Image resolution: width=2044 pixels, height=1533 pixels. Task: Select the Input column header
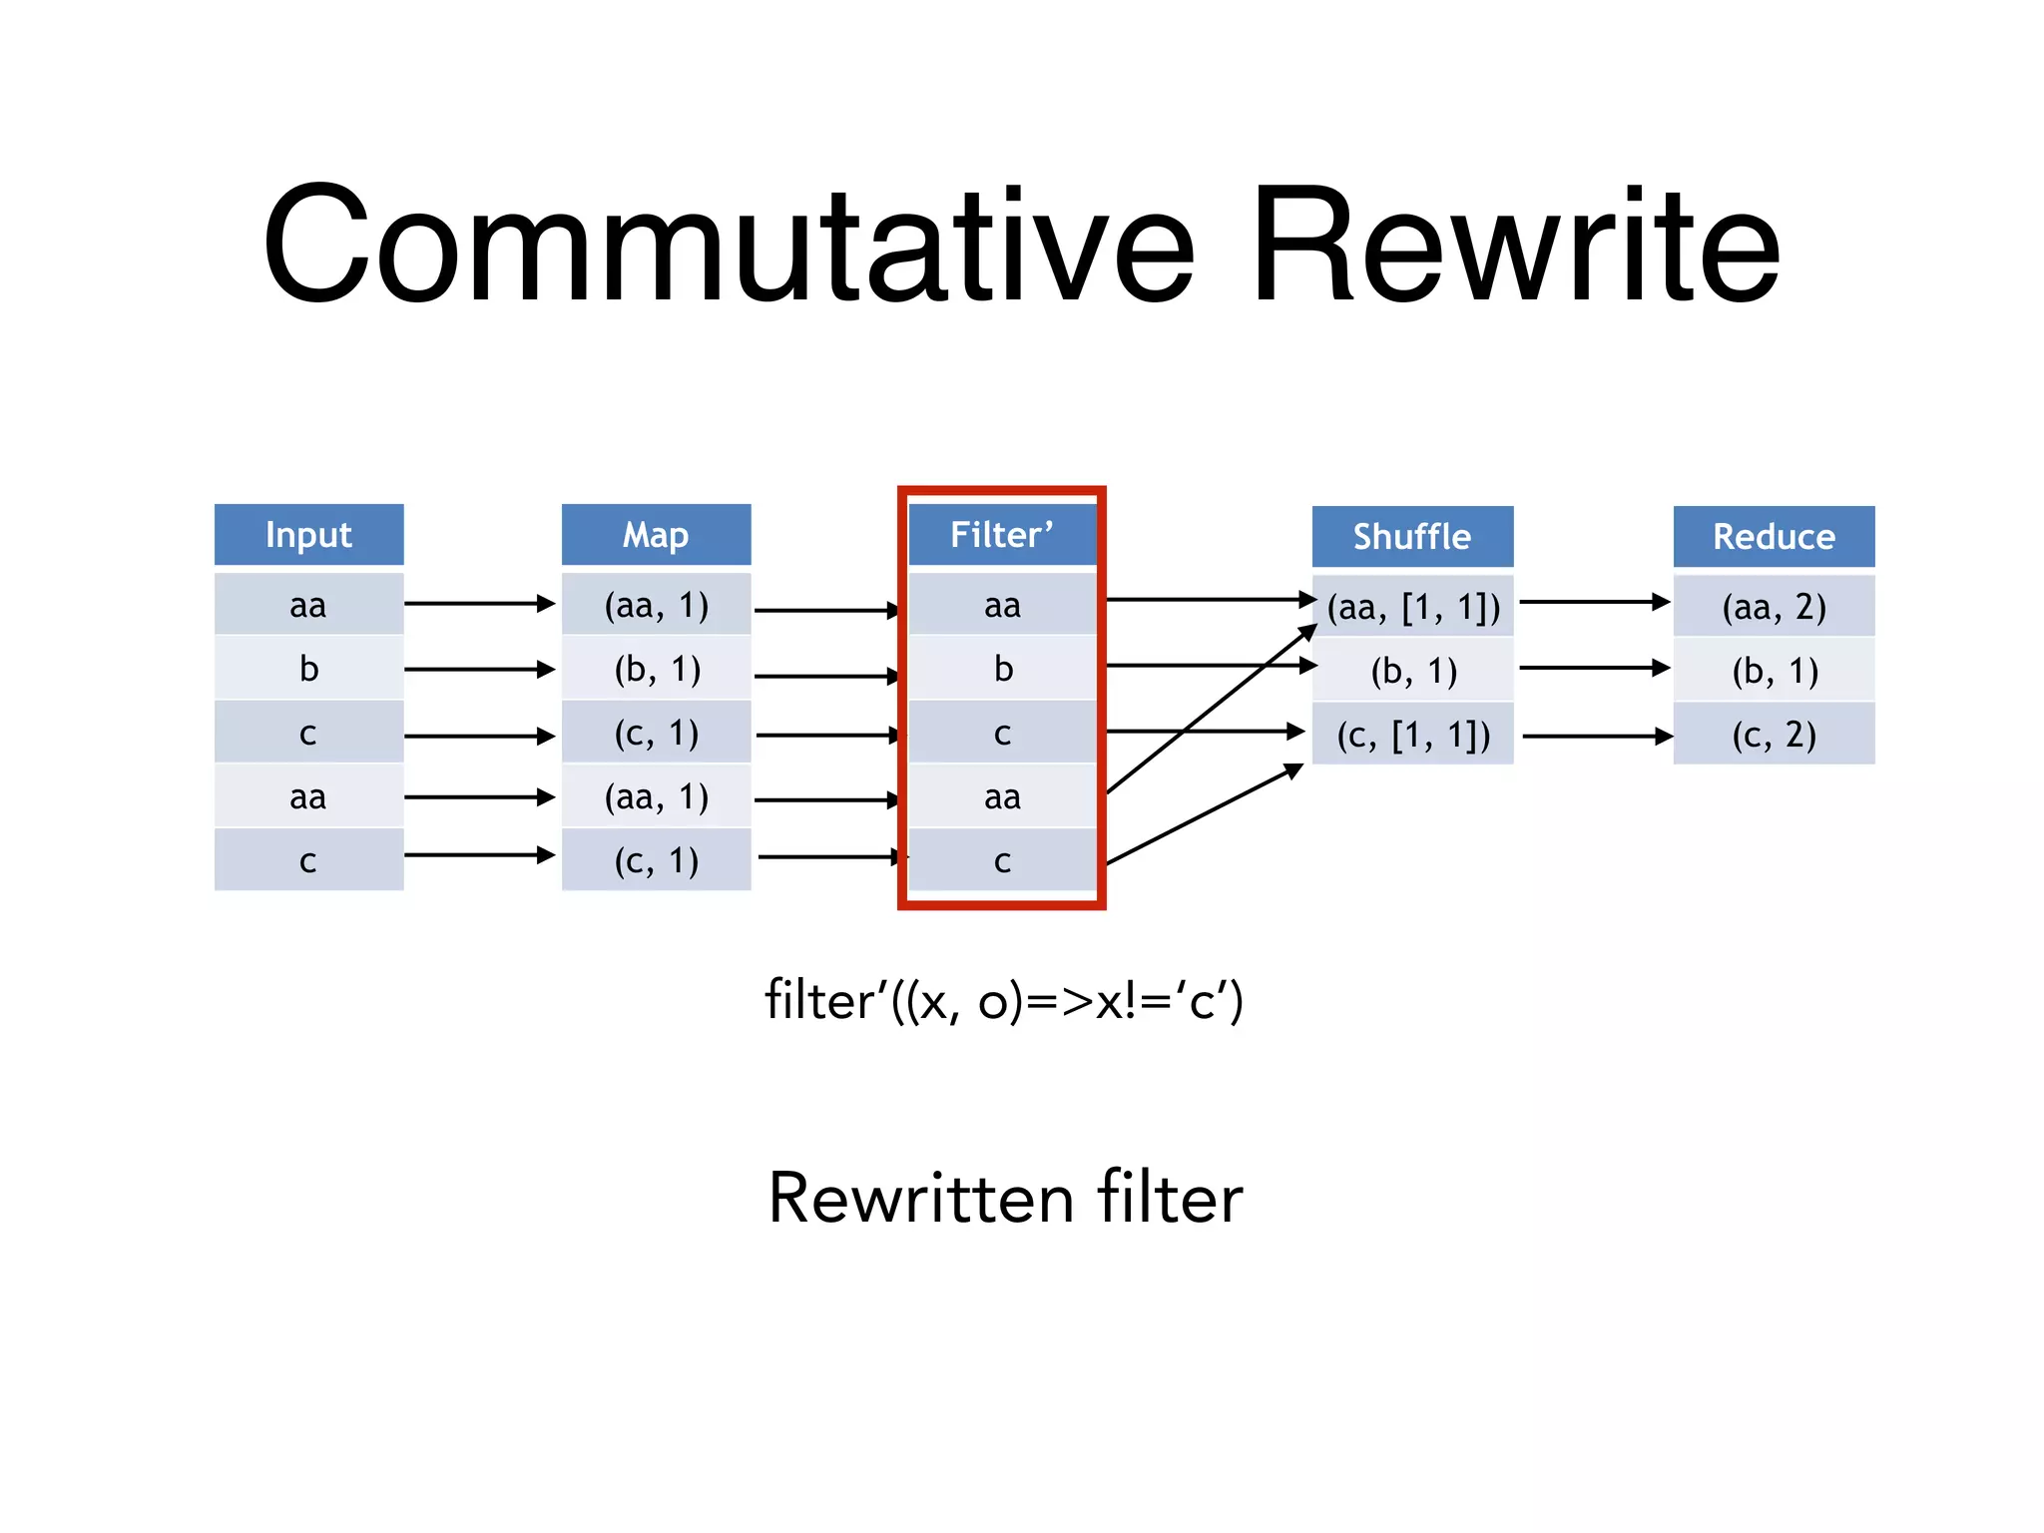(308, 535)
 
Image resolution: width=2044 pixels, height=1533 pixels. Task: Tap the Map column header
(656, 535)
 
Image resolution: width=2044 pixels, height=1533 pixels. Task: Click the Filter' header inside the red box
(1001, 535)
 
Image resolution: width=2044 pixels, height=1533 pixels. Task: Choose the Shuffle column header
(1411, 537)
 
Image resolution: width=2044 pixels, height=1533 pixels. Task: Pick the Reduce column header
(1773, 537)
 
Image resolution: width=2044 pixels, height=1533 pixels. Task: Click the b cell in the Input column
(308, 669)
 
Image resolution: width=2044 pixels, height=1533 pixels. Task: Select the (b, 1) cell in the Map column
(656, 669)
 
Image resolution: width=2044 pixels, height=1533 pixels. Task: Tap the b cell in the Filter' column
(1002, 669)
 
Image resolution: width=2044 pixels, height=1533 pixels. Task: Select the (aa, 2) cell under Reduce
(1773, 606)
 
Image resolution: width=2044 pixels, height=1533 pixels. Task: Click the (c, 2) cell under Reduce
(1773, 735)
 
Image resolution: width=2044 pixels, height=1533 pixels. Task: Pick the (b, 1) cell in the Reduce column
(1773, 671)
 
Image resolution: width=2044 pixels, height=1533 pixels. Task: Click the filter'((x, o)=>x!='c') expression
(1003, 1000)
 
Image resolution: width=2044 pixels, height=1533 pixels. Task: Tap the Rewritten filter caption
(1004, 1198)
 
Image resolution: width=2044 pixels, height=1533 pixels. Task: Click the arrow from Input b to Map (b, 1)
(479, 669)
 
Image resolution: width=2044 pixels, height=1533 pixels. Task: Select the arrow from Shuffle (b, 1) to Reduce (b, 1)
(1593, 668)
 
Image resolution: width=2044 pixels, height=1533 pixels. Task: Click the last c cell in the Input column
(308, 860)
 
